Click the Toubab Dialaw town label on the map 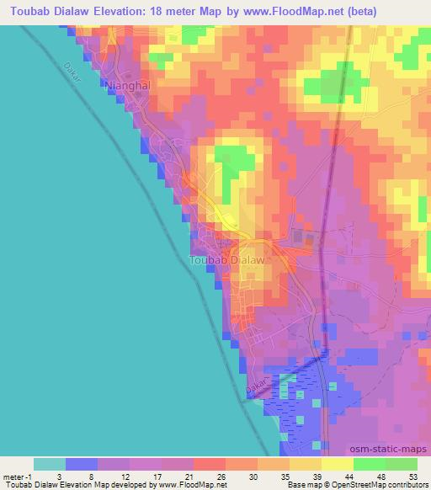click(230, 261)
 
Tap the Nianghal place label click(130, 85)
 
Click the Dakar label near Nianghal click(74, 74)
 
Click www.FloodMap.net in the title click(286, 12)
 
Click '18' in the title click(160, 12)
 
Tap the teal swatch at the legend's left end click(49, 464)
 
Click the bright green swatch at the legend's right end click(401, 464)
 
